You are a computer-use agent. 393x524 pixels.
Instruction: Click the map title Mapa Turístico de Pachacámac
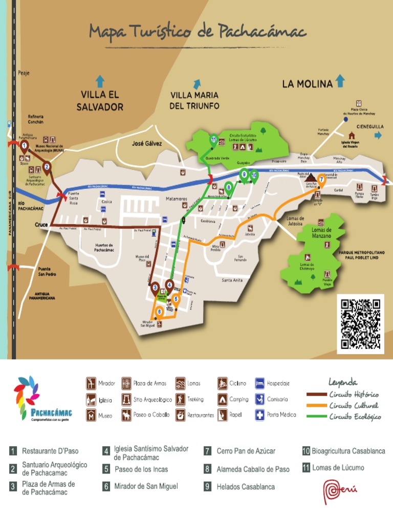[197, 32]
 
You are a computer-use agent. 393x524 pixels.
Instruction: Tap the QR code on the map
[360, 324]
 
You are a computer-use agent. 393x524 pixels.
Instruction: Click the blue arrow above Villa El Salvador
[100, 81]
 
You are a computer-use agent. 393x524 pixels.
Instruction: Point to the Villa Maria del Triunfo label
[194, 101]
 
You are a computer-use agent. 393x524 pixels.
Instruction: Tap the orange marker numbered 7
[322, 179]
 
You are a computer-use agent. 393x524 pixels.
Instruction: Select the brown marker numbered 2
[47, 167]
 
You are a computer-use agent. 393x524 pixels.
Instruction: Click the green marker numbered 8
[229, 187]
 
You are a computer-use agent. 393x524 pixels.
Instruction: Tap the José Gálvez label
[147, 144]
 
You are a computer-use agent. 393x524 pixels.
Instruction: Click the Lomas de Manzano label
[321, 233]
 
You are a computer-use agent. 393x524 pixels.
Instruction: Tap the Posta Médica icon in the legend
[260, 414]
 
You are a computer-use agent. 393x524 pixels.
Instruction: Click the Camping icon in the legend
[223, 399]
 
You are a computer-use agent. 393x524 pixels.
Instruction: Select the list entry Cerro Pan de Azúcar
[246, 451]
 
